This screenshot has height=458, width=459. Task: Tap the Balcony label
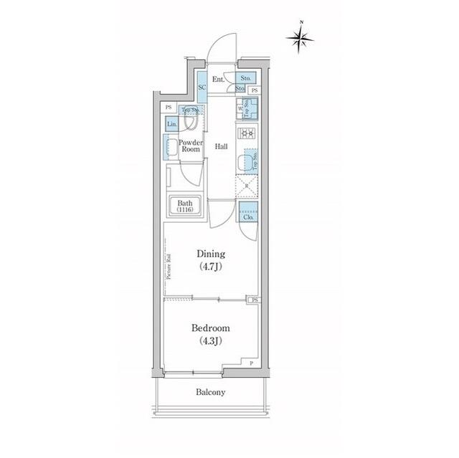point(210,392)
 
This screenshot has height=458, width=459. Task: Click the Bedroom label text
point(210,329)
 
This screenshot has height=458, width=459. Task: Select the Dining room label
point(211,254)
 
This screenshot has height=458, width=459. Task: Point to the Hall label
point(222,146)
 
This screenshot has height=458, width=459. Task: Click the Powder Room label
point(190,145)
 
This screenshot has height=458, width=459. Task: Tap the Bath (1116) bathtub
point(186,206)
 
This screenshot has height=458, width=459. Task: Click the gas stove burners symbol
point(247,133)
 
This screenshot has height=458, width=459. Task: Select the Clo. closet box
point(248,214)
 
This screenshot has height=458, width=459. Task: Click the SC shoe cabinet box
point(202,86)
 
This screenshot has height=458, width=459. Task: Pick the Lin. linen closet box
point(171,123)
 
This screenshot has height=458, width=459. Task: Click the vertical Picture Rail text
point(167,266)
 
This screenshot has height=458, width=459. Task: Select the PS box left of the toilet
point(169,108)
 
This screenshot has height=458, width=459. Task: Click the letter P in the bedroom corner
point(251,363)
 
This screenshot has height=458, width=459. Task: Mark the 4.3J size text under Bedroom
point(210,340)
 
